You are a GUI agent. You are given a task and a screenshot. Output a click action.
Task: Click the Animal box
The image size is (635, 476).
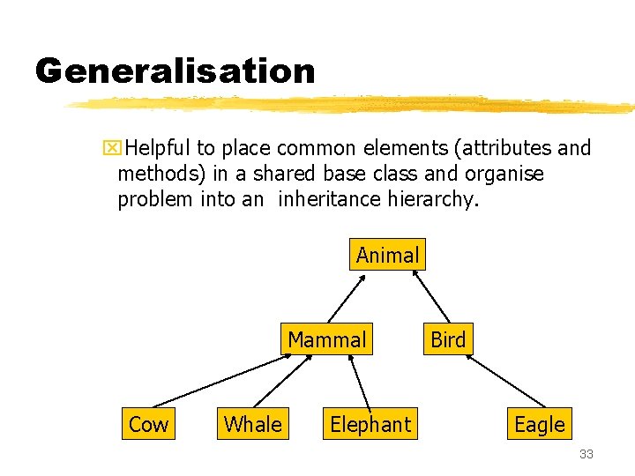pyautogui.click(x=387, y=256)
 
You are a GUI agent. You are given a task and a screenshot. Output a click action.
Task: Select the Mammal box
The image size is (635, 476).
pyautogui.click(x=326, y=339)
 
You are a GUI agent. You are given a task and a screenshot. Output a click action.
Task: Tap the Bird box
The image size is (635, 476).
pyautogui.click(x=448, y=339)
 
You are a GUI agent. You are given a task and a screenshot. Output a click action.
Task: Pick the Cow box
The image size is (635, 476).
pyautogui.click(x=148, y=424)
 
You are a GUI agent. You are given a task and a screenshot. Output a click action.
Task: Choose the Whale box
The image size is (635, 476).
pyautogui.click(x=253, y=424)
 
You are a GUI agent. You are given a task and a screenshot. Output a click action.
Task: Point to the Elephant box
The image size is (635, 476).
pyautogui.click(x=370, y=424)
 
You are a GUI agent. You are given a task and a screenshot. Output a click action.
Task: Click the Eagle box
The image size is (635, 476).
pyautogui.click(x=539, y=424)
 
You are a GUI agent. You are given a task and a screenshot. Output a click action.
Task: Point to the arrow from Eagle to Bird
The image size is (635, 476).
pyautogui.click(x=506, y=382)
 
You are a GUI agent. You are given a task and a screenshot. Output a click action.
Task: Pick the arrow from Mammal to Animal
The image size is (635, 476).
pyautogui.click(x=345, y=297)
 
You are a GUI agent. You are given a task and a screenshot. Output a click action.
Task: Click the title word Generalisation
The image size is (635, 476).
pyautogui.click(x=175, y=71)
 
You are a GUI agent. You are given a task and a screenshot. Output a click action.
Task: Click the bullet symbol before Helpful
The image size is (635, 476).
pyautogui.click(x=109, y=148)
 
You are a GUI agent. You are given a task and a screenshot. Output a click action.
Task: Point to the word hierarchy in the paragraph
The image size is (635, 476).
pyautogui.click(x=433, y=199)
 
